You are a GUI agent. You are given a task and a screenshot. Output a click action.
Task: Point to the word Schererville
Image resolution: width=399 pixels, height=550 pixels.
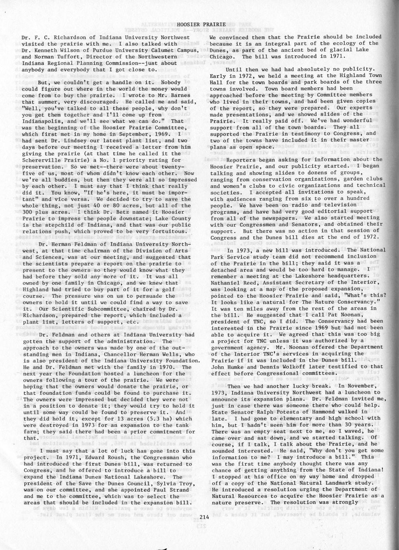tap(43, 159)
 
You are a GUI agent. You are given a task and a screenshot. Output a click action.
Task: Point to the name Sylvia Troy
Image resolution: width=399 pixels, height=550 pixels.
tap(159, 483)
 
